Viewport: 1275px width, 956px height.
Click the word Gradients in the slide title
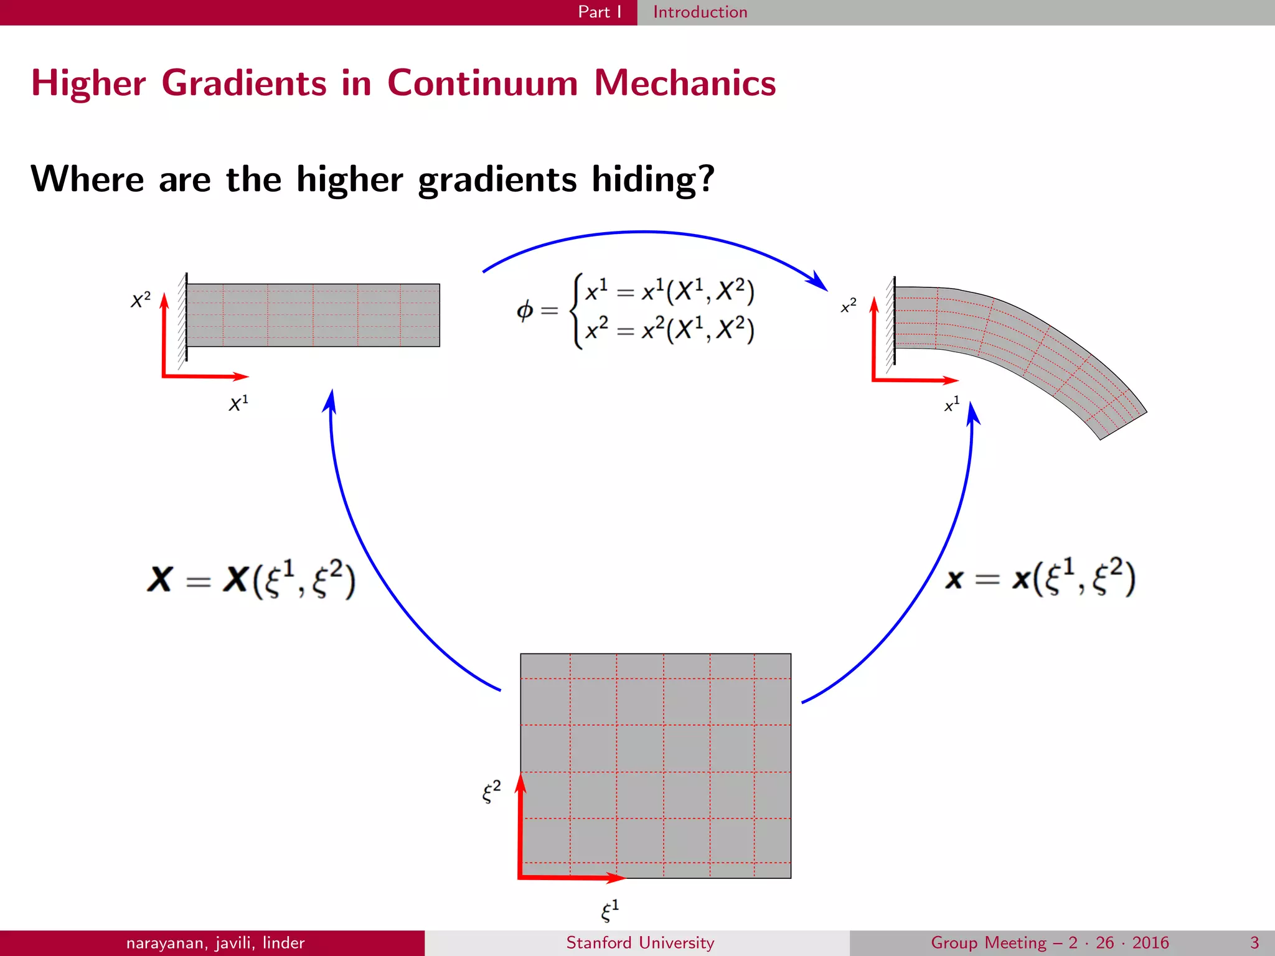[x=244, y=83]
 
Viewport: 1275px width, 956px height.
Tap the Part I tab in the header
[x=599, y=12]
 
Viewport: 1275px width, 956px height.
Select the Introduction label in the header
[x=700, y=12]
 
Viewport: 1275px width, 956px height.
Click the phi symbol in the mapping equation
[x=525, y=309]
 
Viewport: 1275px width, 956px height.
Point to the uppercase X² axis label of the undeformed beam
[x=141, y=300]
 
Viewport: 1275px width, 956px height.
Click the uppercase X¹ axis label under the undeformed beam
[x=238, y=403]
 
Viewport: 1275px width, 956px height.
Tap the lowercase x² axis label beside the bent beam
[x=849, y=306]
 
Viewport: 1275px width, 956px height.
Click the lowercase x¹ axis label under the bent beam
[x=952, y=405]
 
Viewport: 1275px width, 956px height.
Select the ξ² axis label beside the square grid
[x=491, y=792]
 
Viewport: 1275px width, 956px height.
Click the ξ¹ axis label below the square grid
[x=609, y=910]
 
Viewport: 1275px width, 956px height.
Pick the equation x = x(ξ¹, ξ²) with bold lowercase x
[x=1040, y=578]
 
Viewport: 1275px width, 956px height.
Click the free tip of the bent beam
[x=1124, y=426]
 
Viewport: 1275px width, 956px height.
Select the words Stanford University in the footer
[x=640, y=943]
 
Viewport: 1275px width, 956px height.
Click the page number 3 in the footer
[x=1254, y=943]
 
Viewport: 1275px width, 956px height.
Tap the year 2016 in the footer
[x=1150, y=943]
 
